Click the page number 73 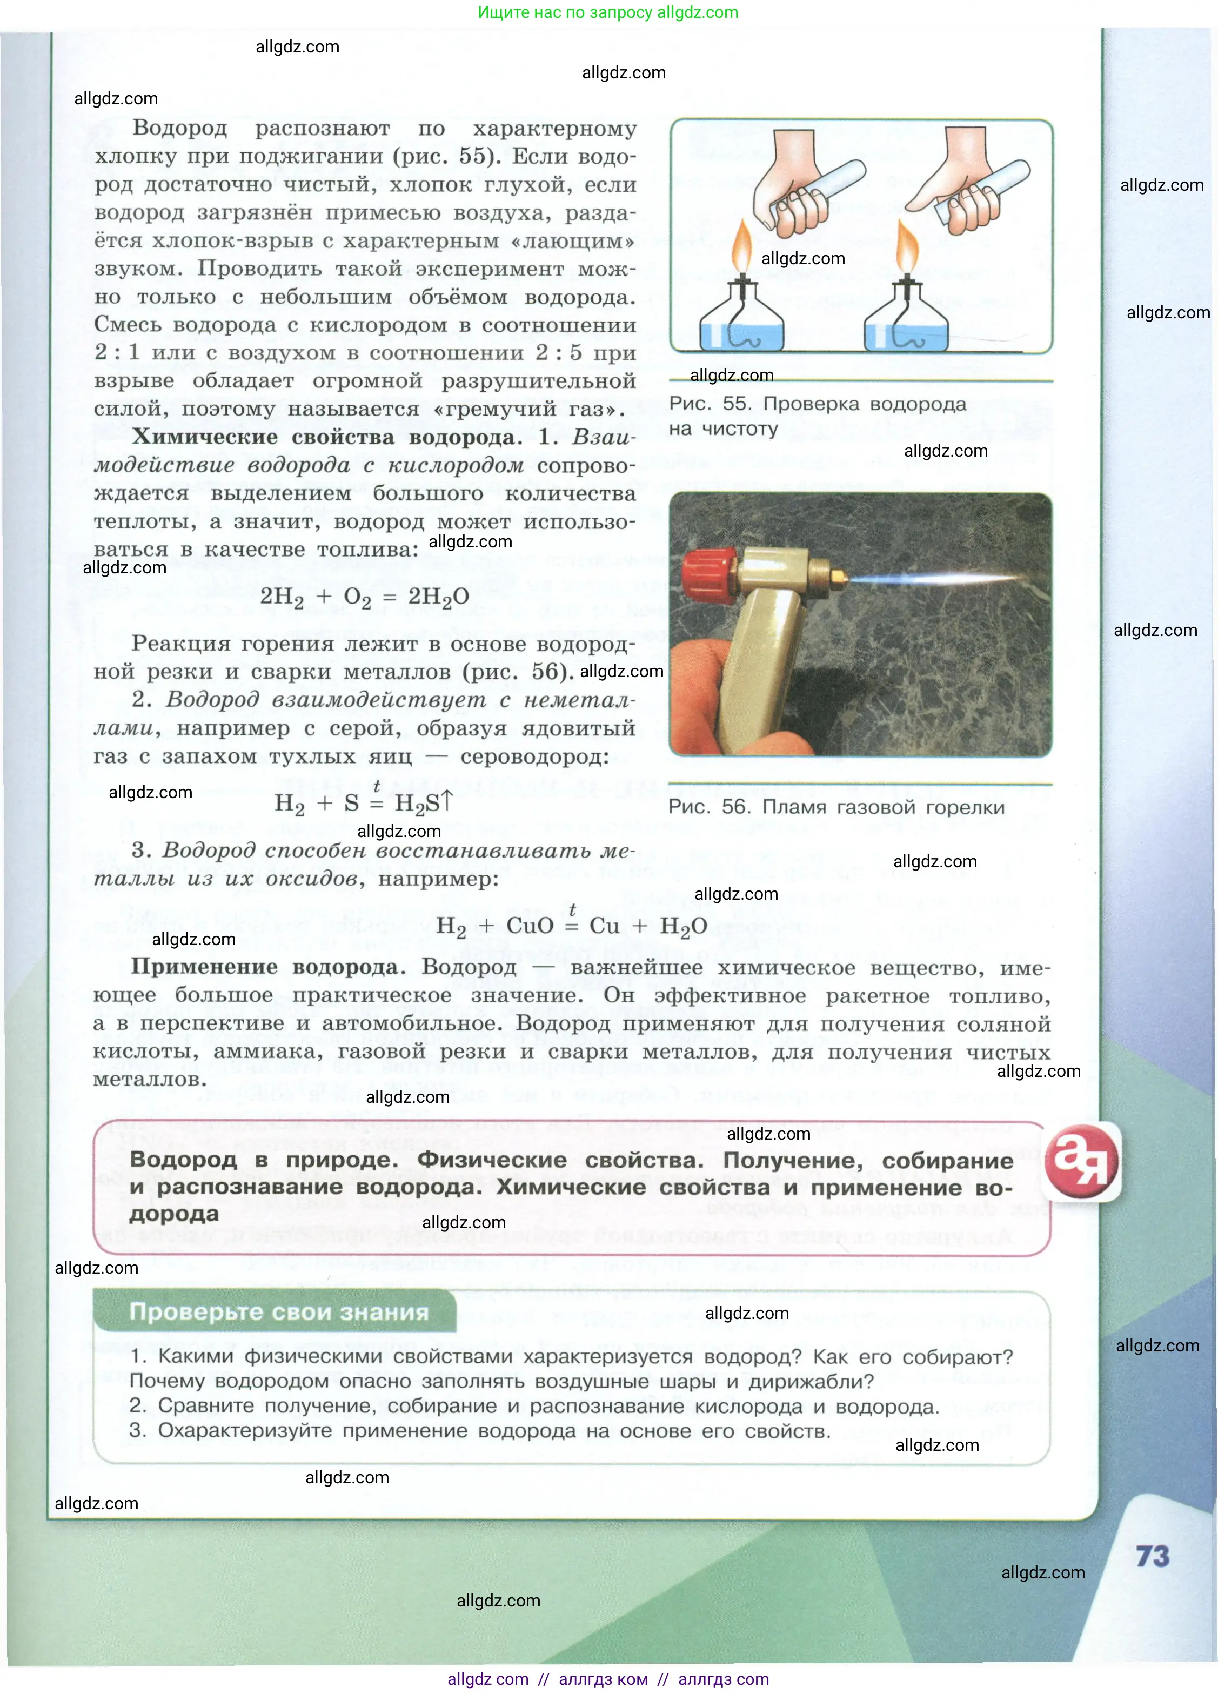click(x=1152, y=1556)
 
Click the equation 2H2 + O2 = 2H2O click(x=364, y=597)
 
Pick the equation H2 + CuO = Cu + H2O click(x=571, y=926)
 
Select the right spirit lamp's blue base click(x=905, y=336)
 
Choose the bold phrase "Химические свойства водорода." click(x=326, y=437)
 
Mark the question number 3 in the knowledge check click(x=137, y=1430)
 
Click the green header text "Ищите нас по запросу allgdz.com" click(x=608, y=12)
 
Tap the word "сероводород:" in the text click(x=534, y=756)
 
